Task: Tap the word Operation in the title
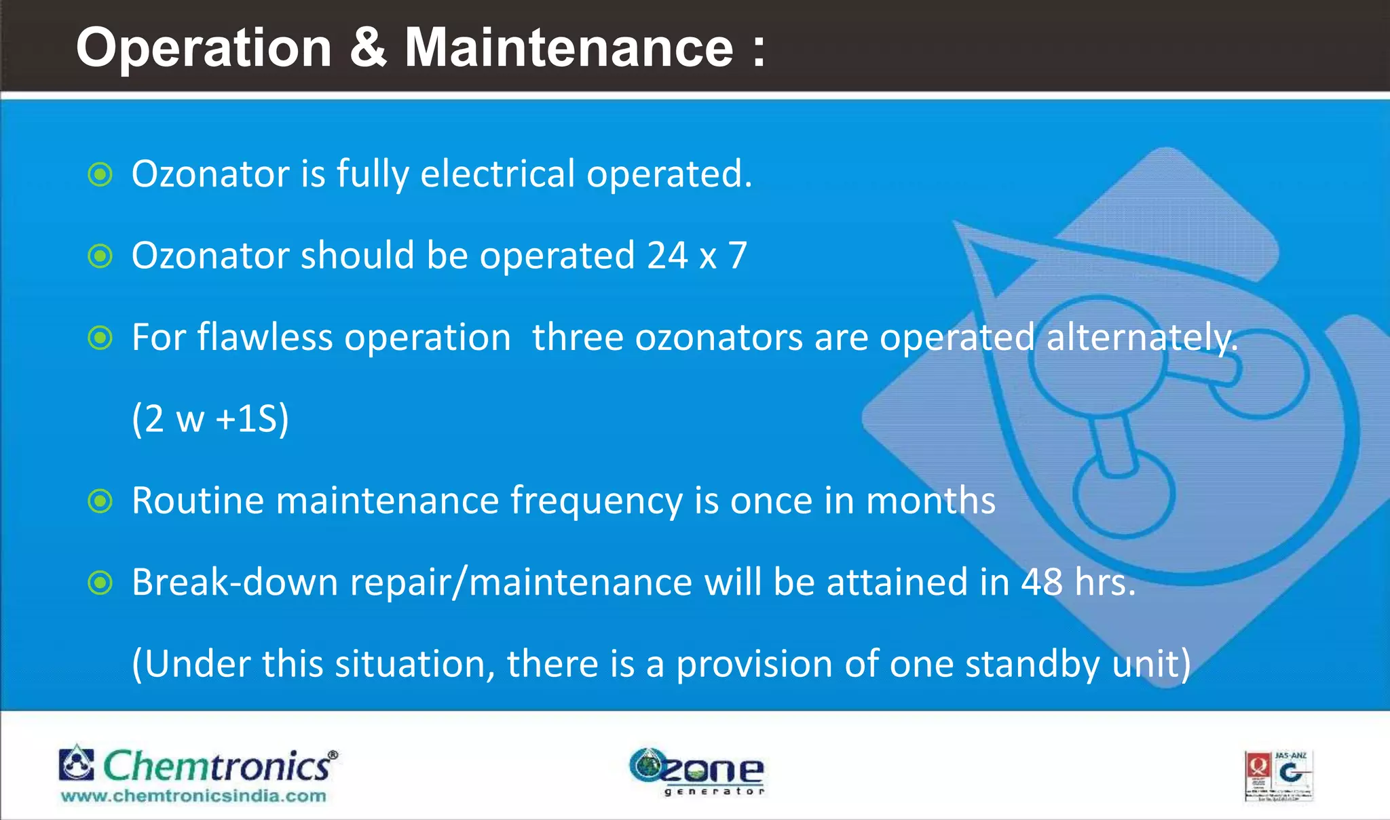pos(204,49)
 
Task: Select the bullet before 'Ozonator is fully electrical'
pos(100,174)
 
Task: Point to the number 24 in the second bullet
pos(668,256)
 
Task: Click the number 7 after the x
pos(737,256)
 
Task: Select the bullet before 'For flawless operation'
pos(100,338)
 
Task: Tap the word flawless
pos(265,337)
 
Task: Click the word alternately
pos(1142,338)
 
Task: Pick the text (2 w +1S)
pos(210,418)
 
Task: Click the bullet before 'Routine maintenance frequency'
pos(100,501)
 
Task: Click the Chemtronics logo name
pos(217,766)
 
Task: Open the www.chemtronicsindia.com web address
pos(193,796)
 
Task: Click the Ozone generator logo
pos(697,772)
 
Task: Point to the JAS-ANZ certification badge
pos(1279,776)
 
